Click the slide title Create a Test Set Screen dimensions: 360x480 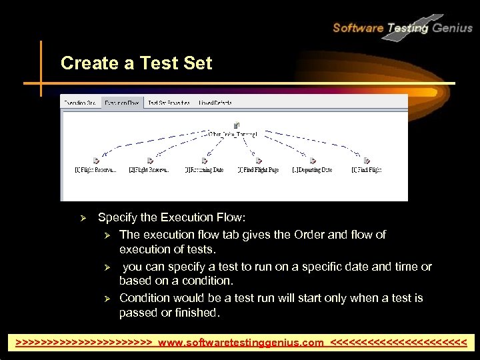pyautogui.click(x=136, y=63)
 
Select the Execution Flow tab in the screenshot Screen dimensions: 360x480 pyautogui.click(x=122, y=103)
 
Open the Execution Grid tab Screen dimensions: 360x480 pyautogui.click(x=81, y=103)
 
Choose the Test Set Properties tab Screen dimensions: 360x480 pyautogui.click(x=169, y=103)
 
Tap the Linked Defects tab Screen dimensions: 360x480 pyautogui.click(x=215, y=103)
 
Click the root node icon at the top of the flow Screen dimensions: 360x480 pyautogui.click(x=237, y=125)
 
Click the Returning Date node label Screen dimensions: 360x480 pyautogui.click(x=204, y=170)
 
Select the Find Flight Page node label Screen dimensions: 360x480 pyautogui.click(x=258, y=170)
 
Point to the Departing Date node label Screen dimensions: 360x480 pyautogui.click(x=312, y=170)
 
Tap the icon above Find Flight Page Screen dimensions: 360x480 pyautogui.click(x=259, y=160)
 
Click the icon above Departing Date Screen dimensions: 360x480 pyautogui.click(x=312, y=160)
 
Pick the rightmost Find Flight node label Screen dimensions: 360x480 pyautogui.click(x=367, y=170)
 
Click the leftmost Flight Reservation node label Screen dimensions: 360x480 pyautogui.click(x=95, y=170)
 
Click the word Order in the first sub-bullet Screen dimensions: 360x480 pyautogui.click(x=325, y=235)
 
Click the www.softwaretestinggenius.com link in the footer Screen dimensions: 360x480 pyautogui.click(x=241, y=343)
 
